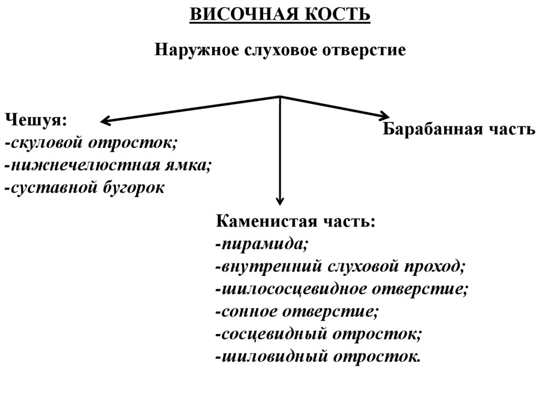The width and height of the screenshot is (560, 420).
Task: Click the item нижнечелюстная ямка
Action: point(108,165)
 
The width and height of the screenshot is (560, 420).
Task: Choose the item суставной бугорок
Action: point(84,188)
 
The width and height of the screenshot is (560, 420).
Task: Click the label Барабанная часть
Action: point(458,130)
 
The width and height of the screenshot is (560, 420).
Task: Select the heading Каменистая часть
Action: point(296,222)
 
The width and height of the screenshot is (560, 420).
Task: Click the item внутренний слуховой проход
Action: point(340,267)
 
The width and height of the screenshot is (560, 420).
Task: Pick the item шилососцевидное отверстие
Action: point(342,289)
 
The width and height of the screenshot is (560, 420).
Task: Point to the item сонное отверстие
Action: point(297,312)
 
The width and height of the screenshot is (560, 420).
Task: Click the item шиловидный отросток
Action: point(319,356)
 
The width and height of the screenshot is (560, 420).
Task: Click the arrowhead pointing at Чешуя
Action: point(105,120)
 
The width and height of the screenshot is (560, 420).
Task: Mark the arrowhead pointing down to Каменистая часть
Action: point(280,200)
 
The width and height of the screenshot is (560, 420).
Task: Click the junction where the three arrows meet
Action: point(280,97)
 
